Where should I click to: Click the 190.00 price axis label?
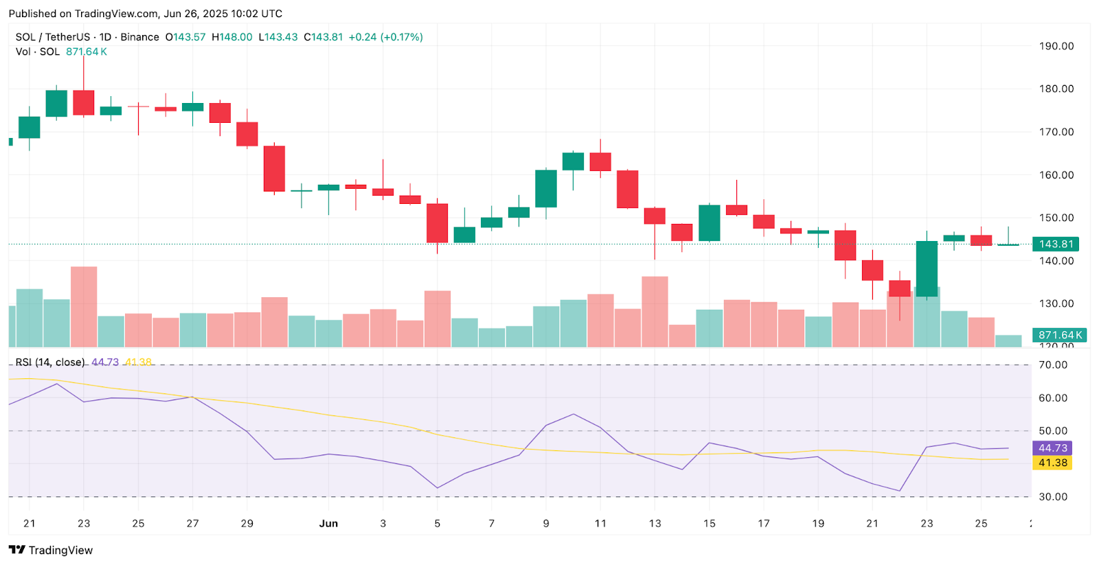[1056, 46]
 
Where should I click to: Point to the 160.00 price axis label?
[1056, 175]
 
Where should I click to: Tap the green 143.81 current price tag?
[1056, 244]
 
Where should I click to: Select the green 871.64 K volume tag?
[1060, 335]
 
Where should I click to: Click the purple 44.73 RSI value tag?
[1052, 448]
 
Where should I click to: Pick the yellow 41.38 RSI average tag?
[1052, 463]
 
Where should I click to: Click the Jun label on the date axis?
[328, 523]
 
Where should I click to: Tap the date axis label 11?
[600, 523]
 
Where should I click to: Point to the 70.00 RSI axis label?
[1052, 365]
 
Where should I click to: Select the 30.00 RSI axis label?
[1052, 496]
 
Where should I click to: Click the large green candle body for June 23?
[927, 268]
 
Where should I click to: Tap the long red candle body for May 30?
[274, 168]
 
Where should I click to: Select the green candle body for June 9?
[546, 188]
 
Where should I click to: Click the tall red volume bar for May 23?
[84, 306]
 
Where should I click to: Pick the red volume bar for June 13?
[655, 311]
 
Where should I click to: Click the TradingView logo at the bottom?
[51, 550]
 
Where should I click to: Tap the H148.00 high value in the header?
[231, 37]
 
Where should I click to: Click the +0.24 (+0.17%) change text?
[385, 37]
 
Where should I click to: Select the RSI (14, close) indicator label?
[50, 362]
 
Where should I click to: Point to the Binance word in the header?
[139, 37]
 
